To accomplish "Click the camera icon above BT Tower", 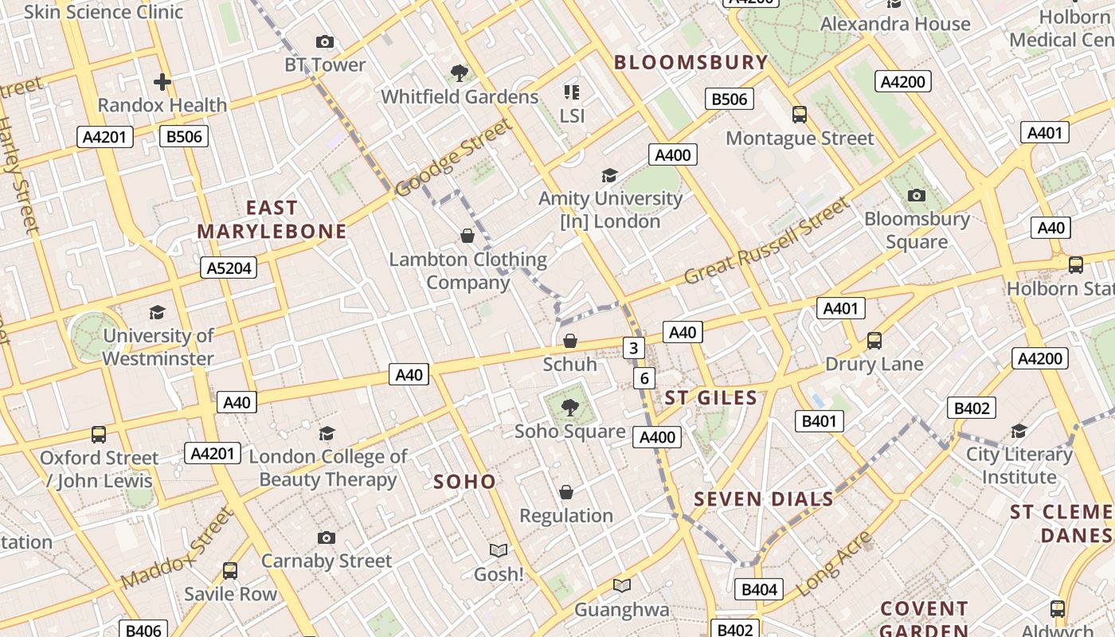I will [x=324, y=41].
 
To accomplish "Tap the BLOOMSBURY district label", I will [x=691, y=62].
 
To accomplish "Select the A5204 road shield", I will [x=229, y=268].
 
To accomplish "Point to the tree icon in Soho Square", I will [x=569, y=408].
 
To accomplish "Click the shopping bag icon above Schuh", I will [x=570, y=342].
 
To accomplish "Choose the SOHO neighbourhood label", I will [x=464, y=481].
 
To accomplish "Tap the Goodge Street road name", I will [x=452, y=158].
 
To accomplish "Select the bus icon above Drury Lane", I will [x=874, y=341].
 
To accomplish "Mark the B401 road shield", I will [x=820, y=421].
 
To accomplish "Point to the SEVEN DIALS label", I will [x=763, y=499].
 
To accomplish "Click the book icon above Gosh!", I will [x=499, y=550].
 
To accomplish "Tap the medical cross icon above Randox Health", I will [x=162, y=82].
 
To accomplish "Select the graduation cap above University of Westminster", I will [x=158, y=312].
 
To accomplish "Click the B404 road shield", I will [x=759, y=589].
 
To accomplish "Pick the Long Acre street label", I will [x=833, y=563].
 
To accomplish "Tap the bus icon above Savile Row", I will [x=230, y=571].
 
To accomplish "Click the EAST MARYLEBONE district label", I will [x=272, y=220].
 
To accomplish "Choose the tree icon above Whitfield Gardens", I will [x=460, y=73].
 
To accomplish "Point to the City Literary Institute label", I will [x=1019, y=466].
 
